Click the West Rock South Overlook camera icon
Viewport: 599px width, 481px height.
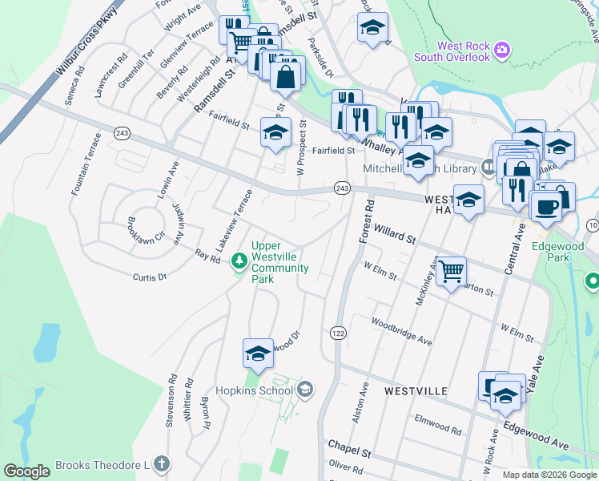(x=501, y=49)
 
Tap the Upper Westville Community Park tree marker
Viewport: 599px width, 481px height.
(x=239, y=261)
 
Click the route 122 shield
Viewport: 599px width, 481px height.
(x=337, y=331)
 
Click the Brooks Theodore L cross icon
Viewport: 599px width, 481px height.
(x=162, y=463)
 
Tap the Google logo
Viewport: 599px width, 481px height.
(x=26, y=471)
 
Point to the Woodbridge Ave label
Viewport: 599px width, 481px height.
(x=400, y=330)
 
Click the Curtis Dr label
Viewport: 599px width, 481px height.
(x=149, y=277)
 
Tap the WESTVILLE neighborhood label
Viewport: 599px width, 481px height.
(x=416, y=390)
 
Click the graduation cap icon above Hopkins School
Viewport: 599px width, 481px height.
(x=258, y=353)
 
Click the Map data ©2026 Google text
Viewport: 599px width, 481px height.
(x=549, y=475)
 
